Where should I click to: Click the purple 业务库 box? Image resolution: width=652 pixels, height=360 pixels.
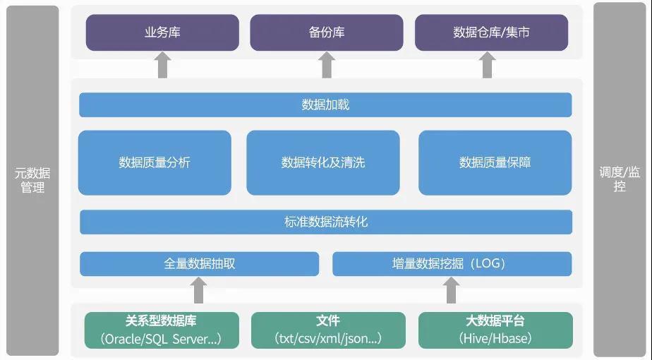[162, 32]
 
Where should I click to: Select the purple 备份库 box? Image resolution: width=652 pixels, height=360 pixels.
[327, 32]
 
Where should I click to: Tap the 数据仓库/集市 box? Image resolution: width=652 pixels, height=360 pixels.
[491, 32]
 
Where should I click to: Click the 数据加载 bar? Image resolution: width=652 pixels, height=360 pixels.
[325, 105]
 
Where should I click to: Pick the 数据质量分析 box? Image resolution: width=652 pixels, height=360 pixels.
[155, 162]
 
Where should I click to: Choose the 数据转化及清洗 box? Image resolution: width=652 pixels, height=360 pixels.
[323, 162]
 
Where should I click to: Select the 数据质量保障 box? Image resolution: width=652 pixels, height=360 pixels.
[495, 162]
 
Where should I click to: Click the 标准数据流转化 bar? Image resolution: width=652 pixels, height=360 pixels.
[325, 222]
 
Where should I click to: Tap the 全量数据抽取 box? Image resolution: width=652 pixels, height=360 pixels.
[199, 263]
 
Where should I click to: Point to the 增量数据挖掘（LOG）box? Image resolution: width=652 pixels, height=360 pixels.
[452, 263]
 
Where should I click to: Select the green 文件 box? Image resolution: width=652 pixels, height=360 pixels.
[328, 330]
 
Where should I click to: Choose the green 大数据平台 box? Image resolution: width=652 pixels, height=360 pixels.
[495, 330]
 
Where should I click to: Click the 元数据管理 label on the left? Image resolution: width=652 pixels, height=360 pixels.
[32, 180]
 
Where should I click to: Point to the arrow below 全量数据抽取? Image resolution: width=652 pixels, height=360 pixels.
[199, 289]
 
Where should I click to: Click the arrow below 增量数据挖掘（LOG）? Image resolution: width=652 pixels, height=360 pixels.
[452, 289]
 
